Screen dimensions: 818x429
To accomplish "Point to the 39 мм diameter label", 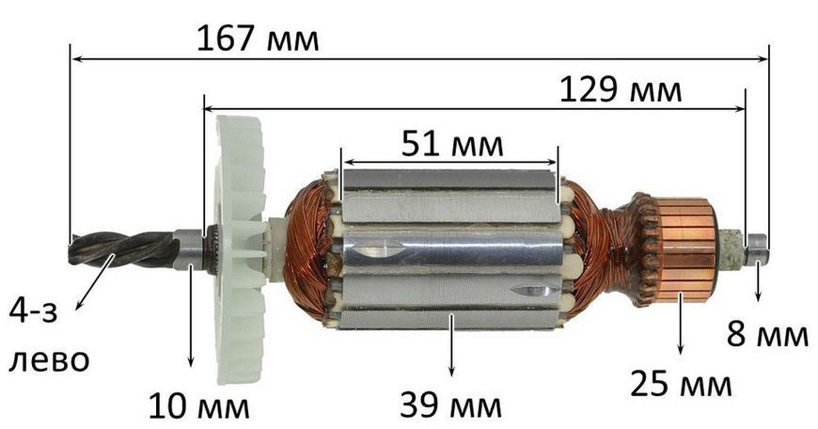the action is [x=450, y=405].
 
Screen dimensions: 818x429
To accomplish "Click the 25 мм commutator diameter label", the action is [x=681, y=384].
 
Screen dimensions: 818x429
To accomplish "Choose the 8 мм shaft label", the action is [x=767, y=334].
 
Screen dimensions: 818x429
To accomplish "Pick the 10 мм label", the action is [x=199, y=406].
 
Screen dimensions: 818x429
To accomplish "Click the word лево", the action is [x=49, y=360].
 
